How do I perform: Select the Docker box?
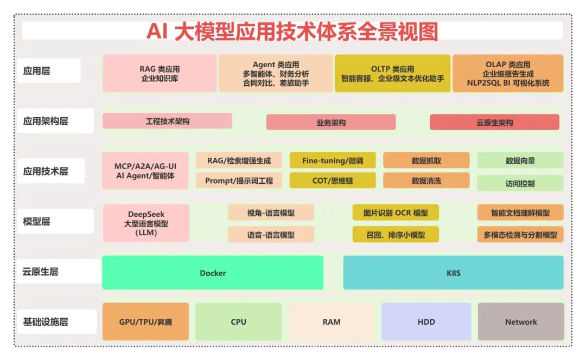pos(213,273)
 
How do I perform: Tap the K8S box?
pos(453,273)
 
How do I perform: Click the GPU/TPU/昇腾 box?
pos(145,322)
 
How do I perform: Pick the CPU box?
pos(238,322)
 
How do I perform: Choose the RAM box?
pos(331,322)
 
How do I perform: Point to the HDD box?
pos(426,322)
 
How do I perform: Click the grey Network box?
pos(521,322)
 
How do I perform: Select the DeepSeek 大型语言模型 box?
pos(146,223)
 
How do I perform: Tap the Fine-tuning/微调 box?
pos(332,160)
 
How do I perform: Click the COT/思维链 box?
pos(332,181)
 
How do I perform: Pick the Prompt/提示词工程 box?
pos(239,181)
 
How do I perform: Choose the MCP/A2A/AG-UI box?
pos(145,170)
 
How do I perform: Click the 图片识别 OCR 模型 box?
pos(395,213)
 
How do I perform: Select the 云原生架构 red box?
pos(494,123)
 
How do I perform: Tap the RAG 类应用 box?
pos(160,73)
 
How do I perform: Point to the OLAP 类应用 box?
pos(508,73)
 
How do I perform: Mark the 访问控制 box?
pos(520,183)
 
